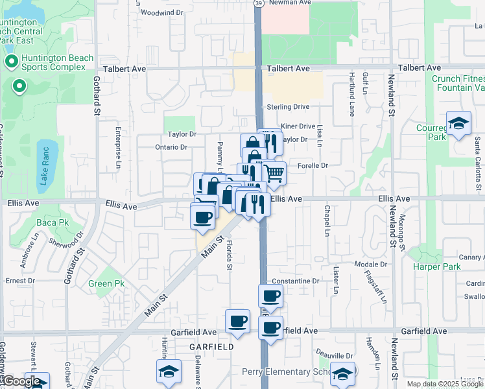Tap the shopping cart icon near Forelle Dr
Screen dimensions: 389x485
pos(275,173)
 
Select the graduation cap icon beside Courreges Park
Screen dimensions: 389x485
pos(458,124)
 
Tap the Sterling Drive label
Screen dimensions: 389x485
pos(288,107)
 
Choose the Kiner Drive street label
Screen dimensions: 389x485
pos(298,126)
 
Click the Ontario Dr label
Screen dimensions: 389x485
pos(171,147)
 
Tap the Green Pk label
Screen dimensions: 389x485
pos(106,283)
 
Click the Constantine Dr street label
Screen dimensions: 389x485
pos(296,281)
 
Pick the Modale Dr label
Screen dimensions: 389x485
pos(372,265)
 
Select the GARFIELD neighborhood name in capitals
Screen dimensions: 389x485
pos(211,347)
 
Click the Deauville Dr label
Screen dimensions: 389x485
pos(335,356)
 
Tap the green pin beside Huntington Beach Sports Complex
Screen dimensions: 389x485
pos(11,62)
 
